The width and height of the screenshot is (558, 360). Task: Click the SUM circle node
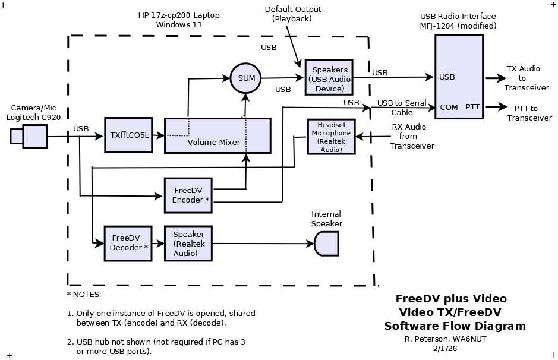(x=245, y=78)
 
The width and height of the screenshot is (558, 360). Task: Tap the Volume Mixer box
(x=217, y=135)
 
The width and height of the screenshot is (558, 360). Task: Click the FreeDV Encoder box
(x=188, y=195)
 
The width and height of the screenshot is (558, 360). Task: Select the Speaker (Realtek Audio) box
(x=188, y=243)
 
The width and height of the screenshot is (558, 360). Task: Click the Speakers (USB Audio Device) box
(x=329, y=77)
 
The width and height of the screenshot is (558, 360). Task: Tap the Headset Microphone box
(x=331, y=137)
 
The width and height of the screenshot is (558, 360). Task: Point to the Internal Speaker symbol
(x=326, y=244)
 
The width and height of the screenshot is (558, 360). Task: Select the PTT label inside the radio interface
(x=472, y=107)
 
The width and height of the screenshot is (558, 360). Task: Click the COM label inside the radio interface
(x=449, y=108)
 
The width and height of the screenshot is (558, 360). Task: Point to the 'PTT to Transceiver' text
(x=529, y=113)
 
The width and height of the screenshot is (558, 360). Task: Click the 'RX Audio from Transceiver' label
(x=412, y=136)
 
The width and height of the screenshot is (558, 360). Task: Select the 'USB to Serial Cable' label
(x=401, y=108)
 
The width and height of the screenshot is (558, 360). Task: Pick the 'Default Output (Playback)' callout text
(x=292, y=14)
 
